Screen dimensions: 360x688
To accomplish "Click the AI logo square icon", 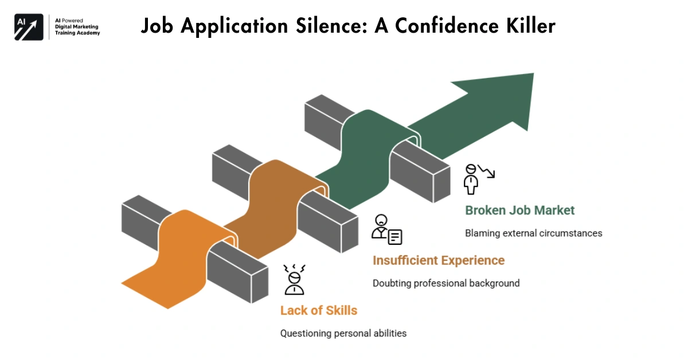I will point(29,26).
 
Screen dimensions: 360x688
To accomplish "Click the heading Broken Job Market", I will point(519,210).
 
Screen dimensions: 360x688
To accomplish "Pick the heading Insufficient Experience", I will point(439,260).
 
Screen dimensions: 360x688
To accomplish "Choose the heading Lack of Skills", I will point(318,311).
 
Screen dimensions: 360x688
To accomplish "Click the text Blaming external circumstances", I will point(533,233).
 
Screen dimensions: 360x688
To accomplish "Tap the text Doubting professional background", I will point(446,283).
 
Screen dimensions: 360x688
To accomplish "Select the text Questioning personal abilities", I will point(343,333).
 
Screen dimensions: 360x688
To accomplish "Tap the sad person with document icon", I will point(386,229).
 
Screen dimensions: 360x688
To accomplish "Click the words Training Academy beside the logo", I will point(77,33).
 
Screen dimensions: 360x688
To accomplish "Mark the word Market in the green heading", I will point(554,210).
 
